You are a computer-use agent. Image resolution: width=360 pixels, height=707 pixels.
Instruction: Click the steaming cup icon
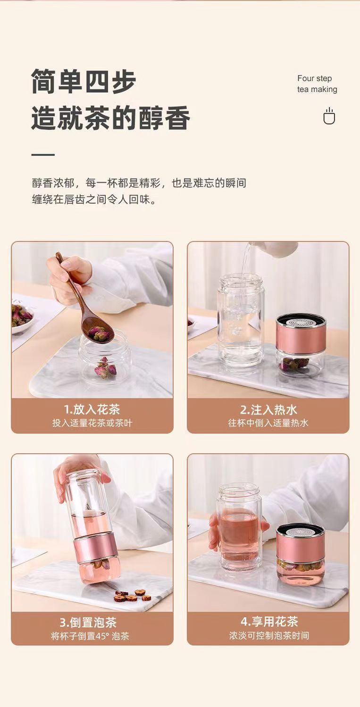[329, 116]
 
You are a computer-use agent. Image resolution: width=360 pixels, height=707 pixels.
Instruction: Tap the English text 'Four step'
[315, 78]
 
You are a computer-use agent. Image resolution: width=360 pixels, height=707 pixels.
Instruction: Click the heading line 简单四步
[84, 82]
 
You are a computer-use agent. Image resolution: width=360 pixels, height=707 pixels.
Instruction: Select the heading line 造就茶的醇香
[110, 118]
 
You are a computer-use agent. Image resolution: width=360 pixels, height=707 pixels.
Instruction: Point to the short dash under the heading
[43, 155]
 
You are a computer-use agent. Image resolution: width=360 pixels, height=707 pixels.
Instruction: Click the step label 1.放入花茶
[92, 409]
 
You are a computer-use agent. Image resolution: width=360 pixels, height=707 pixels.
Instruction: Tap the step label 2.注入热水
[268, 410]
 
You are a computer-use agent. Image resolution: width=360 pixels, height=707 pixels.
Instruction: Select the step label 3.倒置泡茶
[88, 623]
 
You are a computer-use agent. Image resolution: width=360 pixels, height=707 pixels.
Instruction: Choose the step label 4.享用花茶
[269, 622]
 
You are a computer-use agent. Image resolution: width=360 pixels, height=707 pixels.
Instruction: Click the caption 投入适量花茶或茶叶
[92, 423]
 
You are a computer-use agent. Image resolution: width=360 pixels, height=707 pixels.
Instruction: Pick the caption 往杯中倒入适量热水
[268, 423]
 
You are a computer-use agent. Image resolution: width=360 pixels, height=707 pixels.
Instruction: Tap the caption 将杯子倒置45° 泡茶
[90, 636]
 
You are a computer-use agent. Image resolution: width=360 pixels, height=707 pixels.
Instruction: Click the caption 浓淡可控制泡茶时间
[269, 635]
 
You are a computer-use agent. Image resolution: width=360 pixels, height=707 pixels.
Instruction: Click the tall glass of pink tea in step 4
[239, 530]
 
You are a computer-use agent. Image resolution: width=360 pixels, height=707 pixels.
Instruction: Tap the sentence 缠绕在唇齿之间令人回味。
[94, 200]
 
